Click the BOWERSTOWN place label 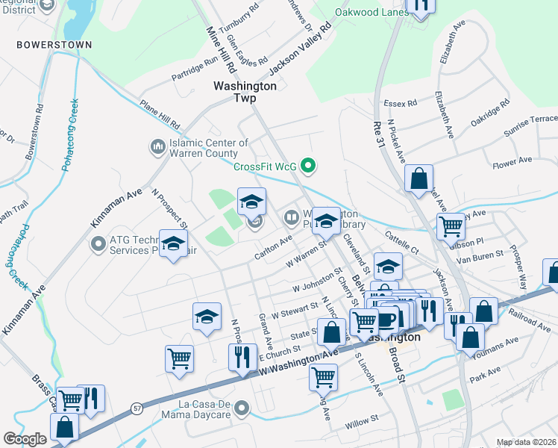55,45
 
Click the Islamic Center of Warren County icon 157,146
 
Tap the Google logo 25,439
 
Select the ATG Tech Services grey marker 97,243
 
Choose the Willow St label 363,427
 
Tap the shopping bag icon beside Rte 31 419,178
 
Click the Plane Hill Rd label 159,114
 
